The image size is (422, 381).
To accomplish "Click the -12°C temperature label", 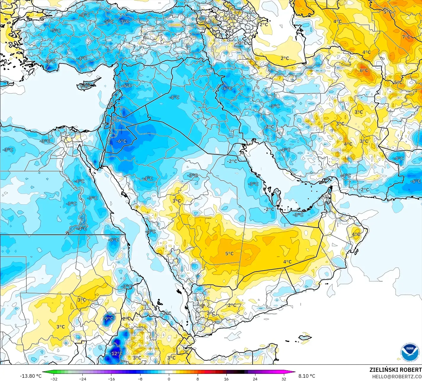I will pos(116,353).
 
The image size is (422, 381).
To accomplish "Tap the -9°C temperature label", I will pos(109,319).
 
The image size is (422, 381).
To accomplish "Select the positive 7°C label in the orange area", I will pos(406,37).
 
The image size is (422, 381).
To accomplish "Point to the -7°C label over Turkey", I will pos(124,21).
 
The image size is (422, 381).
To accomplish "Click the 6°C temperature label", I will pos(364,70).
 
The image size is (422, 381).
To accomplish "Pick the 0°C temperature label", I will pos(242,43).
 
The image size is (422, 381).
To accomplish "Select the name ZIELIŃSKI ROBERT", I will pos(395,370).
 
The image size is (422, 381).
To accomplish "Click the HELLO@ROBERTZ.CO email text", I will pos(397,376).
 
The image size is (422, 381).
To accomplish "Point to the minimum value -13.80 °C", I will pos(31,376).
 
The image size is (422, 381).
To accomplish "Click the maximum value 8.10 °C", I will pos(307,376).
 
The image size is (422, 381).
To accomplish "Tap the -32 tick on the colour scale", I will pos(54,379).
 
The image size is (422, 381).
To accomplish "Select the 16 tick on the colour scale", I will pos(226,379).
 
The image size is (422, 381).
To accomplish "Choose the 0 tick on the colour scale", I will pos(169,379).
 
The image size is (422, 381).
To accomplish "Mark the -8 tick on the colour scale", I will pos(140,379).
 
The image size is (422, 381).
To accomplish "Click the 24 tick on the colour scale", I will pos(255,379).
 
